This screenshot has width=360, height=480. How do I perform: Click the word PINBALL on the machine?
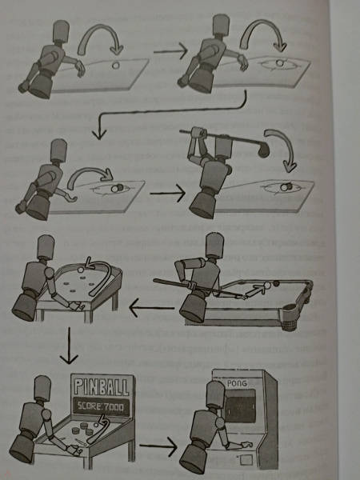pyautogui.click(x=102, y=387)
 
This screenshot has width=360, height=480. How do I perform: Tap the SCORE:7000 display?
pyautogui.click(x=101, y=406)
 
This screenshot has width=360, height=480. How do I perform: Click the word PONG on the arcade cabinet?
pyautogui.click(x=238, y=383)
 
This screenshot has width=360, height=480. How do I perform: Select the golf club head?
pyautogui.click(x=263, y=150)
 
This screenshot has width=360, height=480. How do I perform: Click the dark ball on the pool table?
pyautogui.click(x=276, y=283)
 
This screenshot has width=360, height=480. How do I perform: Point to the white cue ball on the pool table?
pyautogui.click(x=267, y=286)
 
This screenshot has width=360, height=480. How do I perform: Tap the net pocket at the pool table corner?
pyautogui.click(x=289, y=318)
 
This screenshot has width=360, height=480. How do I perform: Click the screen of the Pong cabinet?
pyautogui.click(x=240, y=406)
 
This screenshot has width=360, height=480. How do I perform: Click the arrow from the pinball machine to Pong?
pyautogui.click(x=158, y=446)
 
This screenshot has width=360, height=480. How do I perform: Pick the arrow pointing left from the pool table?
pyautogui.click(x=151, y=308)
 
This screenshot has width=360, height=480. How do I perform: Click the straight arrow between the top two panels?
pyautogui.click(x=170, y=51)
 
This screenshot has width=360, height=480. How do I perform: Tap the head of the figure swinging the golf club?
pyautogui.click(x=223, y=146)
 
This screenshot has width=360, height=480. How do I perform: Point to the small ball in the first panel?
pyautogui.click(x=115, y=66)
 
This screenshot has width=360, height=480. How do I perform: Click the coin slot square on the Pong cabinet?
pyautogui.click(x=247, y=460)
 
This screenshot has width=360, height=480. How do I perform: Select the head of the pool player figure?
pyautogui.click(x=214, y=246)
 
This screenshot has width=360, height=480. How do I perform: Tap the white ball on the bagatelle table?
pyautogui.click(x=80, y=270)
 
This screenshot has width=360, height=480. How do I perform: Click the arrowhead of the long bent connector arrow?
pyautogui.click(x=99, y=134)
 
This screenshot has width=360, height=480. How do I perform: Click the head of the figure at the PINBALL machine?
pyautogui.click(x=42, y=388)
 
